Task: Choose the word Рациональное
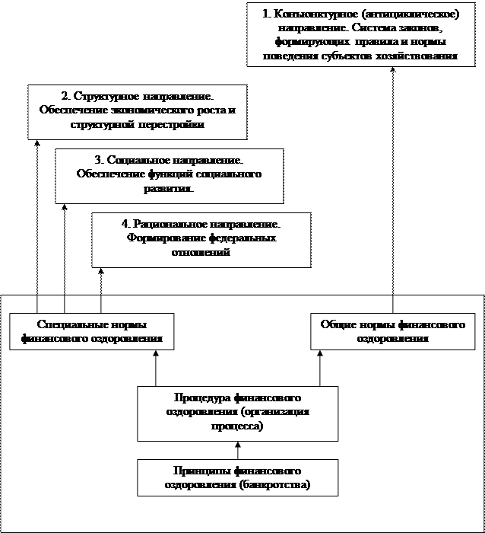click(169, 225)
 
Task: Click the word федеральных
click(233, 238)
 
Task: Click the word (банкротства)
click(276, 484)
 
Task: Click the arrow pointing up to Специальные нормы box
click(155, 366)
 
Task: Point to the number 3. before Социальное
click(99, 161)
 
